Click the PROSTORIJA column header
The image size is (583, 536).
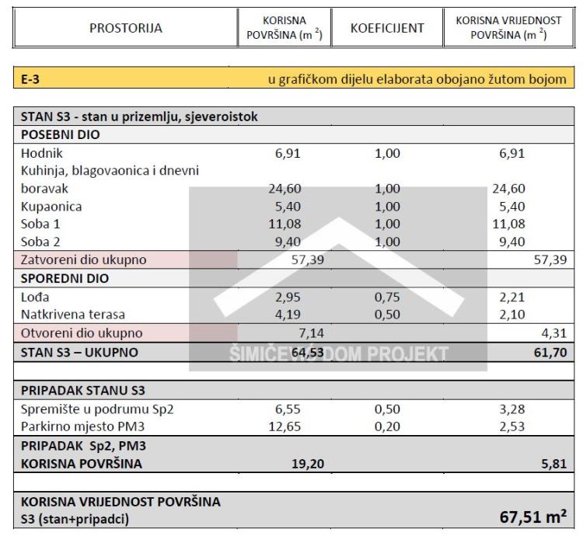tap(126, 28)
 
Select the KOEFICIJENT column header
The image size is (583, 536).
tap(387, 28)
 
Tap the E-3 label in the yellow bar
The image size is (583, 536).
tap(32, 78)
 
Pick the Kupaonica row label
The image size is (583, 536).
tap(52, 207)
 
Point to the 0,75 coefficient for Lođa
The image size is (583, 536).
tap(387, 297)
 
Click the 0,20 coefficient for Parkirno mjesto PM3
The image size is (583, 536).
tap(387, 425)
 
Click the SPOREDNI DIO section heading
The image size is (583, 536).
tap(65, 277)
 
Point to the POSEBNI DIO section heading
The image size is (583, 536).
tap(61, 134)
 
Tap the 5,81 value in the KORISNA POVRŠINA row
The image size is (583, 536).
tap(553, 463)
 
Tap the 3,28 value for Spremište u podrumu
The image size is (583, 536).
tap(512, 408)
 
